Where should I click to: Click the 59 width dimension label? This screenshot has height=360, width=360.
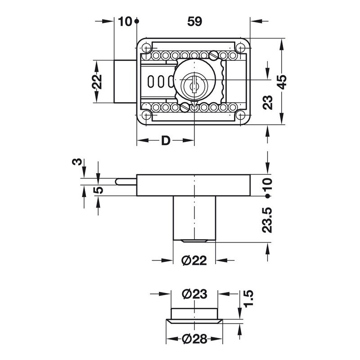(x=195, y=22)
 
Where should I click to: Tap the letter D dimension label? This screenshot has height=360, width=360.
(x=166, y=140)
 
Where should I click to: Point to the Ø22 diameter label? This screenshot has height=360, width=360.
(x=194, y=261)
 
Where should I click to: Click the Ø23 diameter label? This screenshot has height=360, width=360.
(x=194, y=294)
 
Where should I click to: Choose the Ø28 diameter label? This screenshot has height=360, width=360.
(x=194, y=339)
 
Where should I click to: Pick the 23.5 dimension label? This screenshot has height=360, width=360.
(x=267, y=220)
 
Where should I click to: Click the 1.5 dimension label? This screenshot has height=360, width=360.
(x=248, y=298)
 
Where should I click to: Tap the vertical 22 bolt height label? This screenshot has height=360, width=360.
(x=97, y=81)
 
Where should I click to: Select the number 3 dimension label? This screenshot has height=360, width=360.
(x=77, y=162)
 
